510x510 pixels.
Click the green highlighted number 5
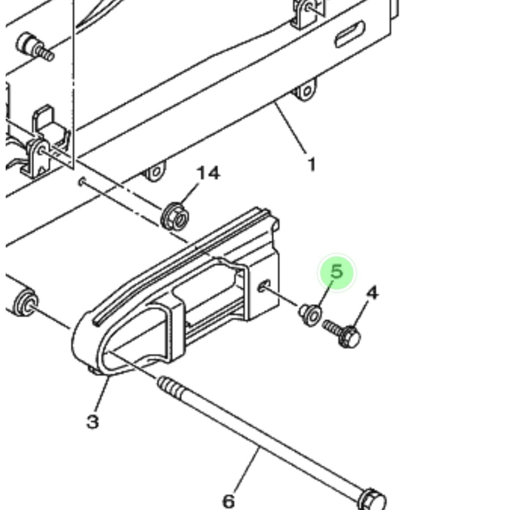[x=337, y=271]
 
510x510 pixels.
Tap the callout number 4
[x=372, y=293]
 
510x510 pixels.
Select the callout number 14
[x=209, y=173]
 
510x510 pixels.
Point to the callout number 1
[x=312, y=164]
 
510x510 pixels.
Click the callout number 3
[x=93, y=422]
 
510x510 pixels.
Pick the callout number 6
[x=228, y=501]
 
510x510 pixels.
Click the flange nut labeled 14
[x=175, y=216]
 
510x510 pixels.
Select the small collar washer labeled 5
[x=311, y=314]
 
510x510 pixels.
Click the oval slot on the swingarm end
[x=350, y=34]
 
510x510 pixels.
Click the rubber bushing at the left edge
[x=25, y=302]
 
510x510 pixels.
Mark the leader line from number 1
[x=290, y=127]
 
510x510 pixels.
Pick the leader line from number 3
[x=101, y=394]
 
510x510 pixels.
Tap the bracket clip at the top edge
[x=307, y=13]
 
